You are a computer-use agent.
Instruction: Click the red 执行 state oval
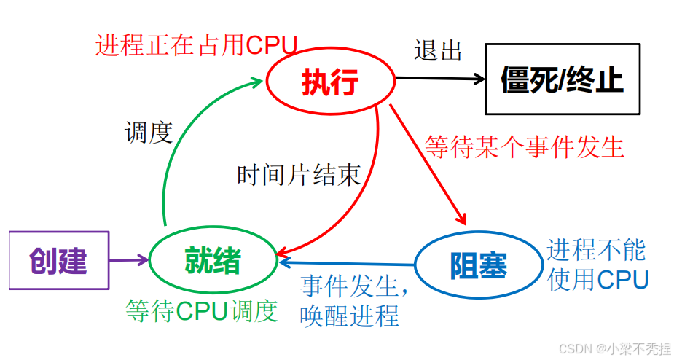coord(329,83)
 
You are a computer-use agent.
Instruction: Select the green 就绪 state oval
coord(213,261)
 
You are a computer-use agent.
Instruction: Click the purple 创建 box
coord(58,260)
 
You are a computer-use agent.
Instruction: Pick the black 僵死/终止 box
coord(563,79)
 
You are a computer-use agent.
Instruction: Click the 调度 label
coord(148,133)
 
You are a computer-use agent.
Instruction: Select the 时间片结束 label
coord(299,175)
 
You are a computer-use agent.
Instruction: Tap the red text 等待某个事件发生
coord(525,146)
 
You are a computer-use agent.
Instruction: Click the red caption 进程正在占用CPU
coord(196,45)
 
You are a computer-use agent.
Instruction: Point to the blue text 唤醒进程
coord(349,316)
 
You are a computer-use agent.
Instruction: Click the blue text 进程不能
coord(597,249)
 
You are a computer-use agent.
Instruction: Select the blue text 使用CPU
coord(597,279)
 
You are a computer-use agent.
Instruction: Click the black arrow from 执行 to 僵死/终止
coord(437,77)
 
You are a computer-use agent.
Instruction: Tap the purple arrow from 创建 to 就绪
coord(128,259)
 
